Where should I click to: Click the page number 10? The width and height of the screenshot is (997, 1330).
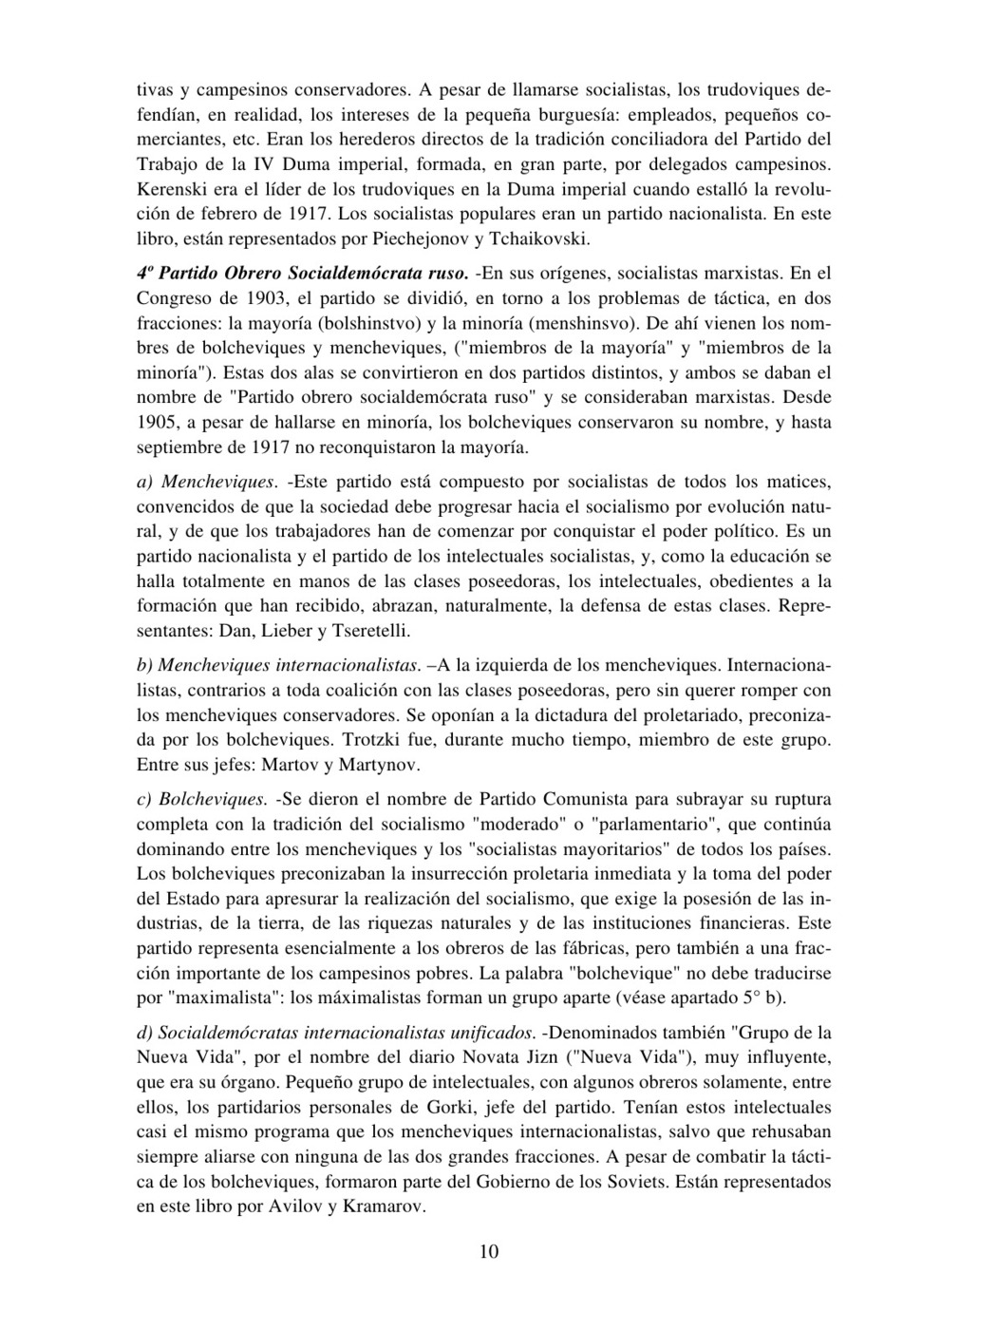coord(489,1252)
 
